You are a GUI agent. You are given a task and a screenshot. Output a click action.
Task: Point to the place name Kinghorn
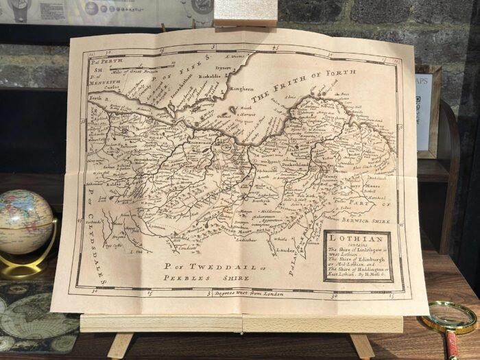point(241,88)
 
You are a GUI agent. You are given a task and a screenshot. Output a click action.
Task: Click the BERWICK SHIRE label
point(365,221)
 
